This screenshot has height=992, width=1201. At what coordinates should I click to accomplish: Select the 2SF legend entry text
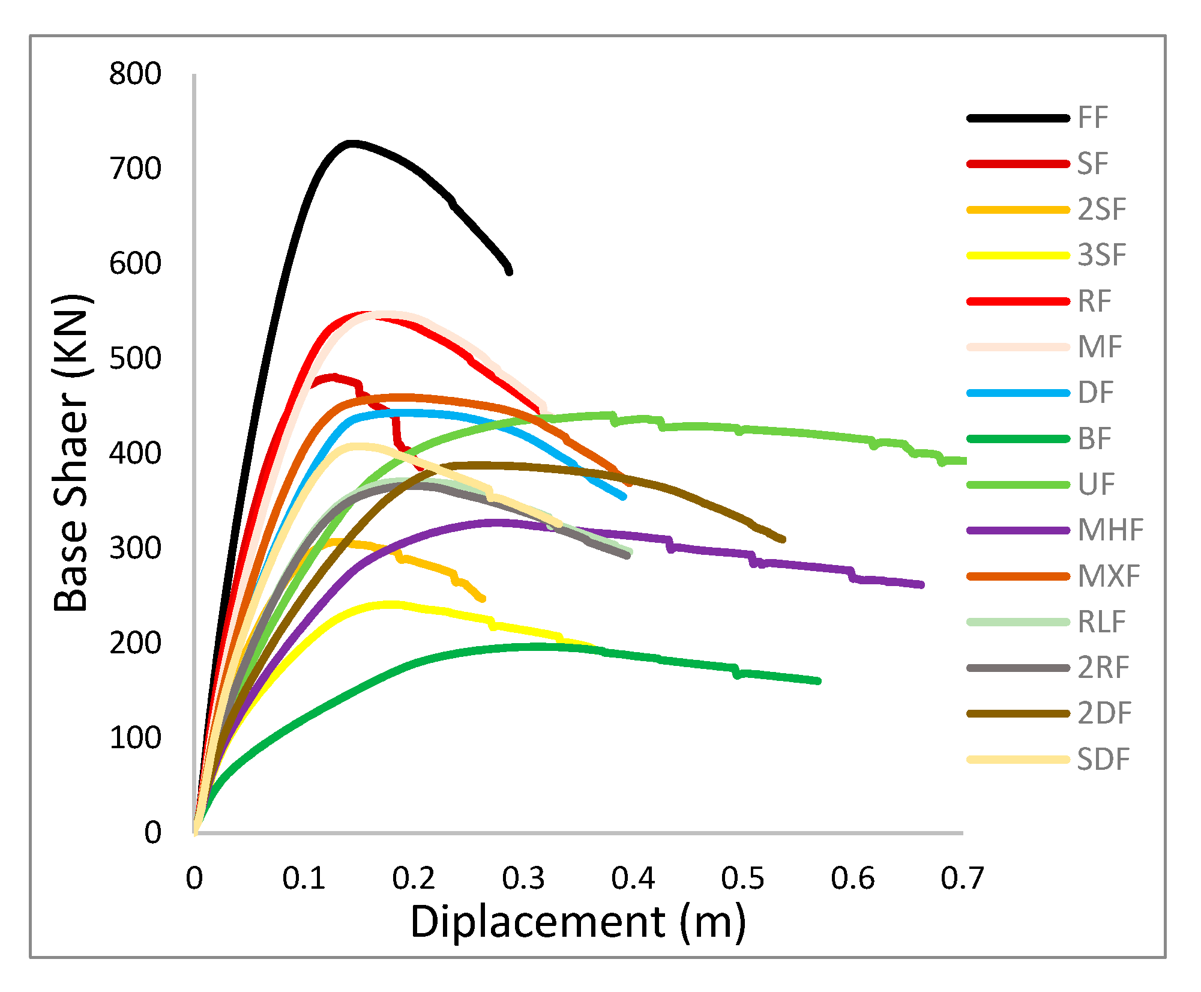1102,210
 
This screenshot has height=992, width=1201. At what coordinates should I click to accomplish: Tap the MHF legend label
1110,530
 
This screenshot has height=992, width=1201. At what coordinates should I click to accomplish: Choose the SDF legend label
1103,760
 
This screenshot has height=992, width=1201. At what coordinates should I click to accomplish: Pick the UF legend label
1096,485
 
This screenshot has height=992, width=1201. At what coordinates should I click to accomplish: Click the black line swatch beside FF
1018,118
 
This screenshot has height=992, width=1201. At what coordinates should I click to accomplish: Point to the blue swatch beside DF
1018,393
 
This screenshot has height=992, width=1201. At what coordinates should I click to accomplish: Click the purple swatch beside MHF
1018,531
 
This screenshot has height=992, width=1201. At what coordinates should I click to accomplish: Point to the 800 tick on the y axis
135,74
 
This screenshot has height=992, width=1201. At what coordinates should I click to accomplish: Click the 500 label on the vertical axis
135,358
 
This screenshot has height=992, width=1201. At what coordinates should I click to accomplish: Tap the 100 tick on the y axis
135,738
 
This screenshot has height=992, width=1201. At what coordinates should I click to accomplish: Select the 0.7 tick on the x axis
962,879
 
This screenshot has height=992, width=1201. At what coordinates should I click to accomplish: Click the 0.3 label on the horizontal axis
523,879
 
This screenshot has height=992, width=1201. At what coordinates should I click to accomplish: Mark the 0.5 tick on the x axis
742,879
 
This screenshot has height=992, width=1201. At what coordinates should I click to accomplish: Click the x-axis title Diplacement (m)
577,922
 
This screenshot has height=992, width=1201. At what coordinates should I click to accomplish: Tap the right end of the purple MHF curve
921,585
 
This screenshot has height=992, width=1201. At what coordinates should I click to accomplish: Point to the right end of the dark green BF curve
818,681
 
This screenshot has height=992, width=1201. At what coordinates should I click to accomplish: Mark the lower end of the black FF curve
510,272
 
